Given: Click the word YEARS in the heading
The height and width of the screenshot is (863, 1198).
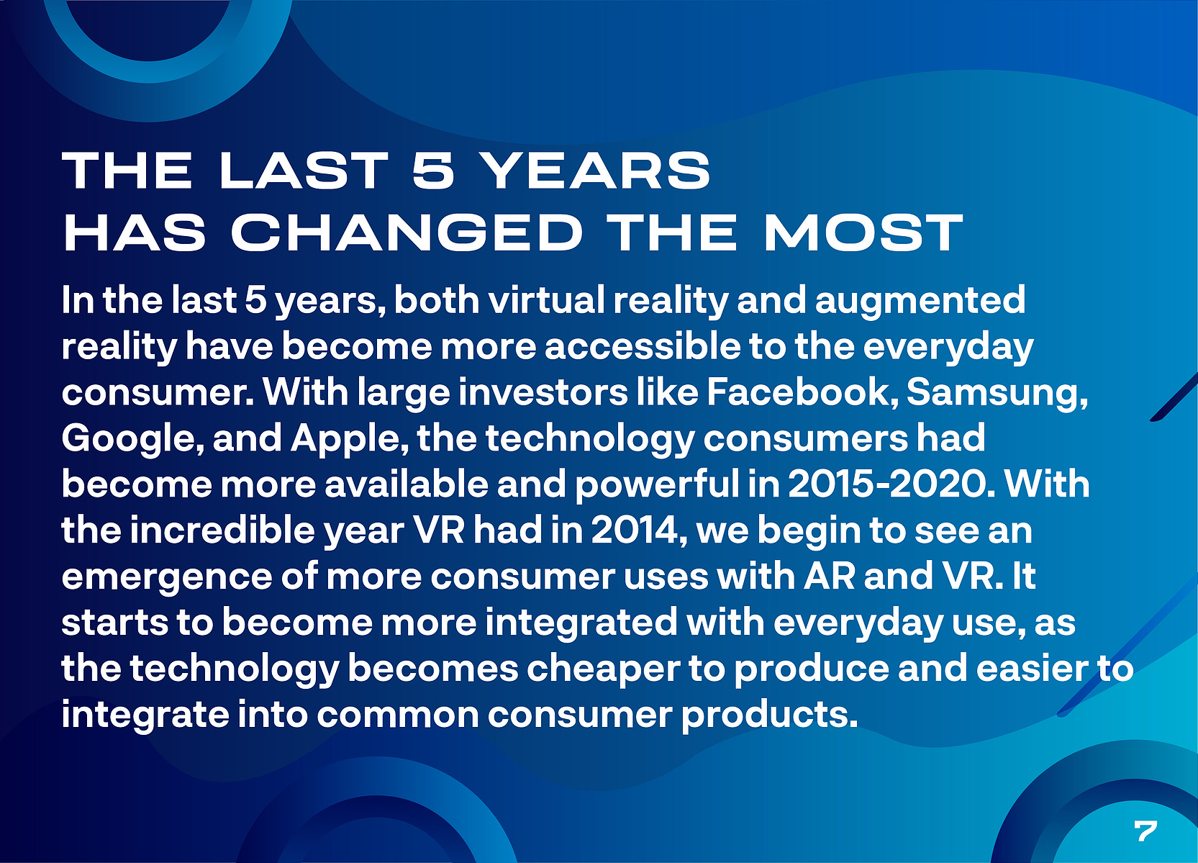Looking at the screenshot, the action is coord(597,170).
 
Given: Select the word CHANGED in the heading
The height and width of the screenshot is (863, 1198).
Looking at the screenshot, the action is coord(406,232).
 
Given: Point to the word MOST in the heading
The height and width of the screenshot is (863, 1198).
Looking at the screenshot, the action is coord(863,232).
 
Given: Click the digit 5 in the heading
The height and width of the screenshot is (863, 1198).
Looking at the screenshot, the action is coord(434,170).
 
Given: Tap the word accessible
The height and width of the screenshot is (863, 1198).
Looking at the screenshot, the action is coord(643,346).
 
